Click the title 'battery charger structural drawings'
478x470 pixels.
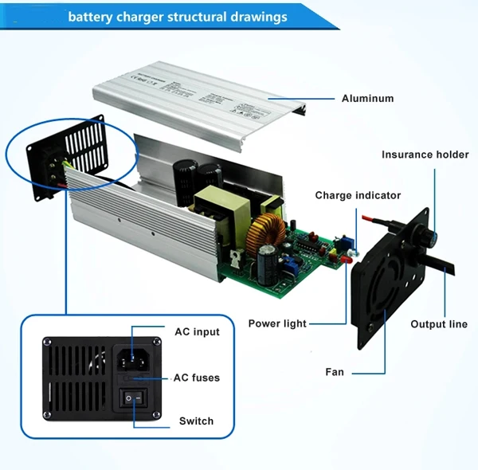pyautogui.click(x=178, y=16)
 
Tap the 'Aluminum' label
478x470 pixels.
pyautogui.click(x=367, y=99)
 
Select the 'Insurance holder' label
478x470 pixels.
pyautogui.click(x=425, y=155)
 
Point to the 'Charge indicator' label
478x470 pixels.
pyautogui.click(x=358, y=195)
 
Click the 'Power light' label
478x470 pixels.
pyautogui.click(x=277, y=323)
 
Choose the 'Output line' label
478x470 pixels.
pyautogui.click(x=439, y=324)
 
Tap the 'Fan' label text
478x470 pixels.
pyautogui.click(x=335, y=371)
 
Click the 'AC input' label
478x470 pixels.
pyautogui.click(x=197, y=332)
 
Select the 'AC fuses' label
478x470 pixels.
pyautogui.click(x=197, y=377)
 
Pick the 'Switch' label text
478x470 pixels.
pyautogui.click(x=196, y=421)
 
